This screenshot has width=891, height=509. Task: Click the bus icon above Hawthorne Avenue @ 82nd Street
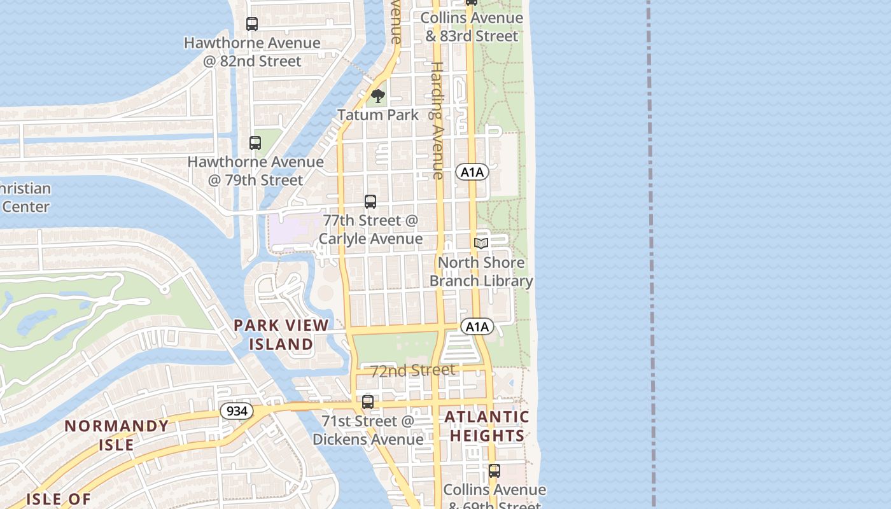point(252,24)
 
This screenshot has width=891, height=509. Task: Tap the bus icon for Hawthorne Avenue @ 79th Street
point(255,143)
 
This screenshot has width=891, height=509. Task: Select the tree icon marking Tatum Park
point(378,96)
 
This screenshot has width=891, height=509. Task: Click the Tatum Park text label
point(378,115)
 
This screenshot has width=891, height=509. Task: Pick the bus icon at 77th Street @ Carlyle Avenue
point(370,202)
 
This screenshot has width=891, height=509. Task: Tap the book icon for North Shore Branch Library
point(481,244)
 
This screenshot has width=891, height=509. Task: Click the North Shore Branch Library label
point(481,272)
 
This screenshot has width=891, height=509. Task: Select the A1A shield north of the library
point(472,172)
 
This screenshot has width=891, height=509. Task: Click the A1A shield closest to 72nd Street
point(477,327)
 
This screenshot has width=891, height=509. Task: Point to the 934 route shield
point(237,411)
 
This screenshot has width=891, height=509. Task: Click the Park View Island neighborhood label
point(281,335)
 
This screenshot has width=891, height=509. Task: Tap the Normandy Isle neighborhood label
point(116,435)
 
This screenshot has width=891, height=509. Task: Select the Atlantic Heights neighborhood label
point(487,426)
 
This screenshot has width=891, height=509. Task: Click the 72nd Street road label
point(412,370)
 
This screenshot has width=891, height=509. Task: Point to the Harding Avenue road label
point(437,120)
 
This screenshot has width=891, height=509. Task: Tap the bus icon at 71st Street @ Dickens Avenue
point(368,402)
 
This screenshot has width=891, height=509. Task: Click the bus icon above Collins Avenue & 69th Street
point(495,471)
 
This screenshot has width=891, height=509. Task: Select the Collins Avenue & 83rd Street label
point(472,27)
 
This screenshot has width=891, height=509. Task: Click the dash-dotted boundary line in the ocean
point(651,254)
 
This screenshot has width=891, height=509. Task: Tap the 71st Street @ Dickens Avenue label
point(368,430)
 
